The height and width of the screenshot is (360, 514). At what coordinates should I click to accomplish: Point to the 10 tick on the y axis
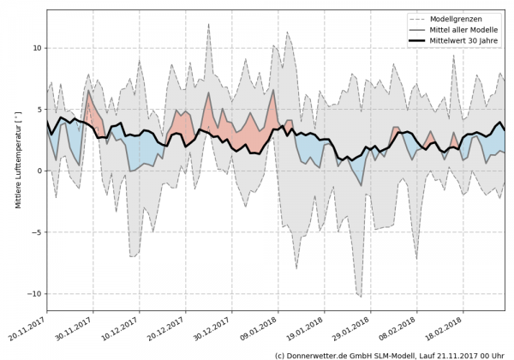[36, 48]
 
